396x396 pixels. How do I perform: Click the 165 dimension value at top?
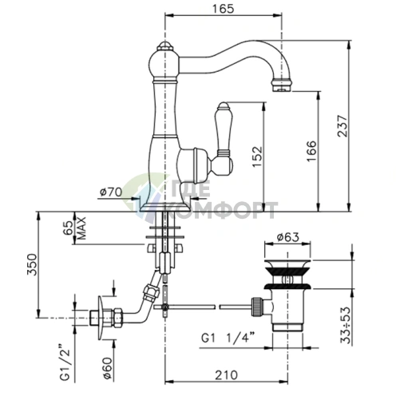pos(223,9)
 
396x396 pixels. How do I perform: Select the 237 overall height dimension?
pos(343,126)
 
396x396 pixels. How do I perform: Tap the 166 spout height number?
pos(311,151)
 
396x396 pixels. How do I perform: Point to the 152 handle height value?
pos(257,156)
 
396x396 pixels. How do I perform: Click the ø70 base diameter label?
pos(111,192)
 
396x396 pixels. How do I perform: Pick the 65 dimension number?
pos(68,228)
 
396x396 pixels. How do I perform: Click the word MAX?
pos(81,228)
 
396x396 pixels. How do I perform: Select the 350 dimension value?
pos(32,265)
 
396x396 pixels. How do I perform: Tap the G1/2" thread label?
pos(65,362)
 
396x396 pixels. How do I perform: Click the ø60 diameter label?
pos(108,367)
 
